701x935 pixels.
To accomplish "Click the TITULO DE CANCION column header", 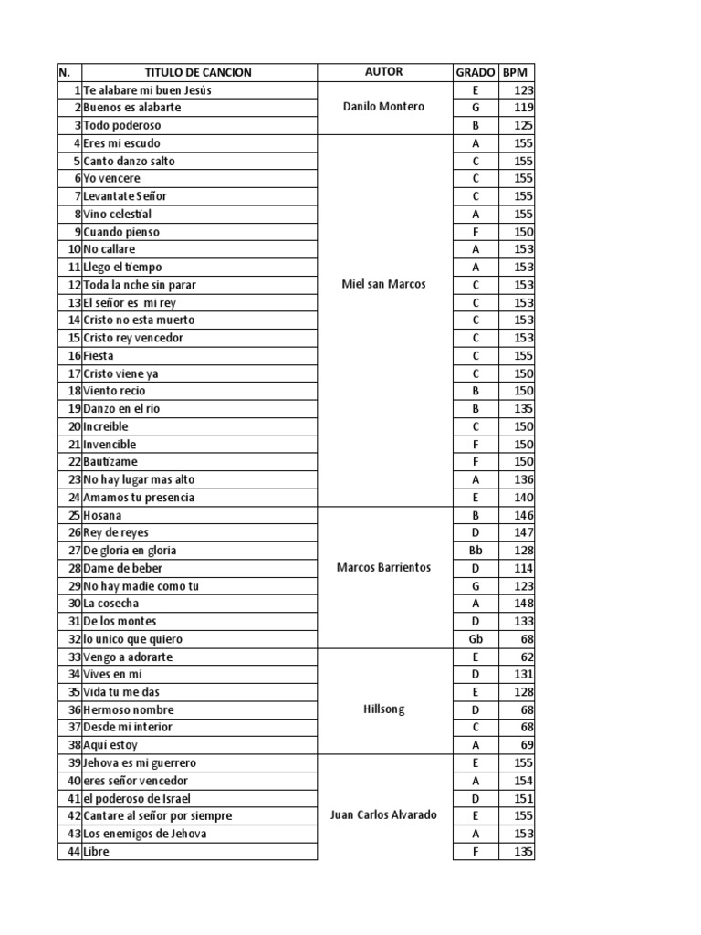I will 198,72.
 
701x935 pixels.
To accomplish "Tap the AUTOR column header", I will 383,72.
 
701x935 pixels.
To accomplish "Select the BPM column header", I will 517,72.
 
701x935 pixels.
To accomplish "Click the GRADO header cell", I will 476,72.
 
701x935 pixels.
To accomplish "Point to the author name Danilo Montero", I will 383,107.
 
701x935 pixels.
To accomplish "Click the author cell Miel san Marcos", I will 383,284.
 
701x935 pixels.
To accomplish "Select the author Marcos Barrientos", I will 383,568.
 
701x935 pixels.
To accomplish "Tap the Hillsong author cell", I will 383,709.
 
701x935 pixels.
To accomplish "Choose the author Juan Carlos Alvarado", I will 383,815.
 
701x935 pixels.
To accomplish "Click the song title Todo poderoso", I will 122,125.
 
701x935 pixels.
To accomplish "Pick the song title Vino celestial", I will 118,214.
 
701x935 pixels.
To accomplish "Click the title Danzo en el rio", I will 121,408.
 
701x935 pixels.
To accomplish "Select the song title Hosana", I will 102,515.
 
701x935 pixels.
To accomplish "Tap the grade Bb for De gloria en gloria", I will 476,551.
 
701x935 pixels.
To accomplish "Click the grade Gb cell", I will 476,639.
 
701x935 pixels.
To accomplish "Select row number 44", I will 70,851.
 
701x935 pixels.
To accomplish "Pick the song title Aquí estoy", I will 110,745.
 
